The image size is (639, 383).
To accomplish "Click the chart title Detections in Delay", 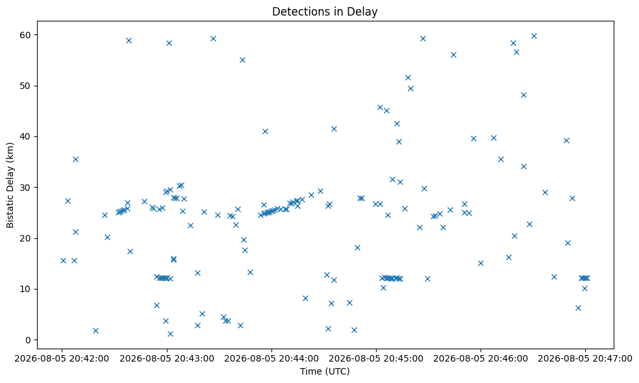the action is pos(325,12).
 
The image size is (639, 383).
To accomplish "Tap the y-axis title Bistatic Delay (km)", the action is pos(10,185).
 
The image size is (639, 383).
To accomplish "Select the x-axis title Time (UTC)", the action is pos(325,371).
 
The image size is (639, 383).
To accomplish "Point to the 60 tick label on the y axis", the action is pos(26,35).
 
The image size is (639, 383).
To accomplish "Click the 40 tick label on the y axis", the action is pos(26,136).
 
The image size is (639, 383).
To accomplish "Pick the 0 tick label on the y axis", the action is pos(29,340).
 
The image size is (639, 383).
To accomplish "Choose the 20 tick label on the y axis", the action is pos(26,238).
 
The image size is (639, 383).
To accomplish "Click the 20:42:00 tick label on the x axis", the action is pos(62,358).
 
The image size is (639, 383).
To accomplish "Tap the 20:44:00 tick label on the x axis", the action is pos(271,358).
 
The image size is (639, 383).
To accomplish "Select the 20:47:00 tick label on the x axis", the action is pos(585,358).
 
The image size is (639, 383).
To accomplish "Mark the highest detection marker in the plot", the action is pos(534,36).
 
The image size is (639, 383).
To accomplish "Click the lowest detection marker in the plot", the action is pos(170,334).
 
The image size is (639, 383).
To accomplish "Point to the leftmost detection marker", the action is pos(63,260).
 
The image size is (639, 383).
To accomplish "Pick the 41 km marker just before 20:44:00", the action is pos(265,131).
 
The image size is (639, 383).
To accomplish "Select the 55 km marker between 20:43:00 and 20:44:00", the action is pos(242,60).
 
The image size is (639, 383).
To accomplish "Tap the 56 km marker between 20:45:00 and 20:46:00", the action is pos(453,55).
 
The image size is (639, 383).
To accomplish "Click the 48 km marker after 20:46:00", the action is pos(523,95).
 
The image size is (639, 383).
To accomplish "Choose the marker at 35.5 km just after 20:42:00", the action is pos(75,159).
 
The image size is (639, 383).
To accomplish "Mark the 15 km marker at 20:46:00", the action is pos(481,263).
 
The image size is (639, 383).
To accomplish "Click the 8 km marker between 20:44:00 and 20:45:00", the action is pos(305,298).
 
